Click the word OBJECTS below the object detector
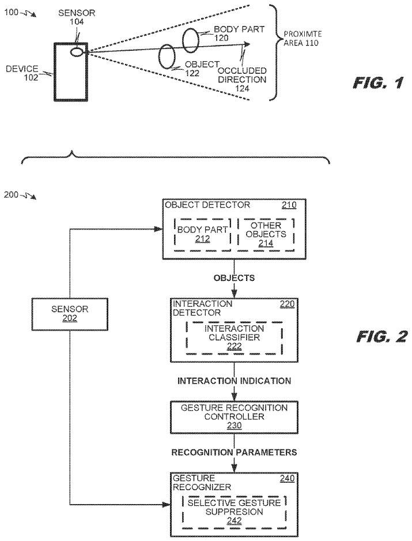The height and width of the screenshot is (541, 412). tap(234, 278)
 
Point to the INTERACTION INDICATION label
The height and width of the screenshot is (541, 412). tap(234, 381)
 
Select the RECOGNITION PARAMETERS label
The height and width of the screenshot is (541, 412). tap(234, 453)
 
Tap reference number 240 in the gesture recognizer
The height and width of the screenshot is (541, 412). tap(288, 478)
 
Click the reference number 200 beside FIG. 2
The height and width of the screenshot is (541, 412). tap(12, 194)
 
